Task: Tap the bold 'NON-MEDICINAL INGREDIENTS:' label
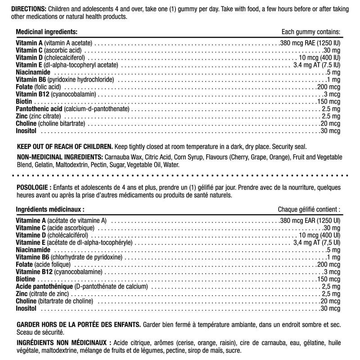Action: pos(59,157)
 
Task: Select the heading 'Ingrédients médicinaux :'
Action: pos(50,209)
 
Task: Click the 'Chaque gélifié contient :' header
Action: pos(309,209)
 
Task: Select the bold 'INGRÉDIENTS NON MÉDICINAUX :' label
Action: pos(63,342)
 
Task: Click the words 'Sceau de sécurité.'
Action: pos(40,333)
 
